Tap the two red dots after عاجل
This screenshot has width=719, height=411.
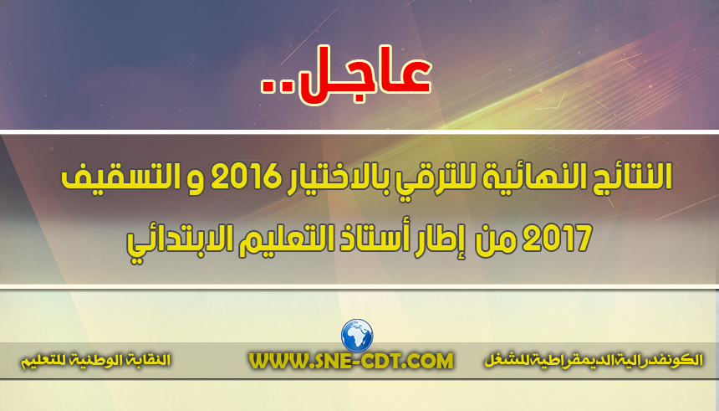coord(277,87)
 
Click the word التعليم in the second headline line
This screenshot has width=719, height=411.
coord(277,239)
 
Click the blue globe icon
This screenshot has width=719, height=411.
coord(357,335)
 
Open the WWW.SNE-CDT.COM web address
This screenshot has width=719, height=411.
coord(351,361)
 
